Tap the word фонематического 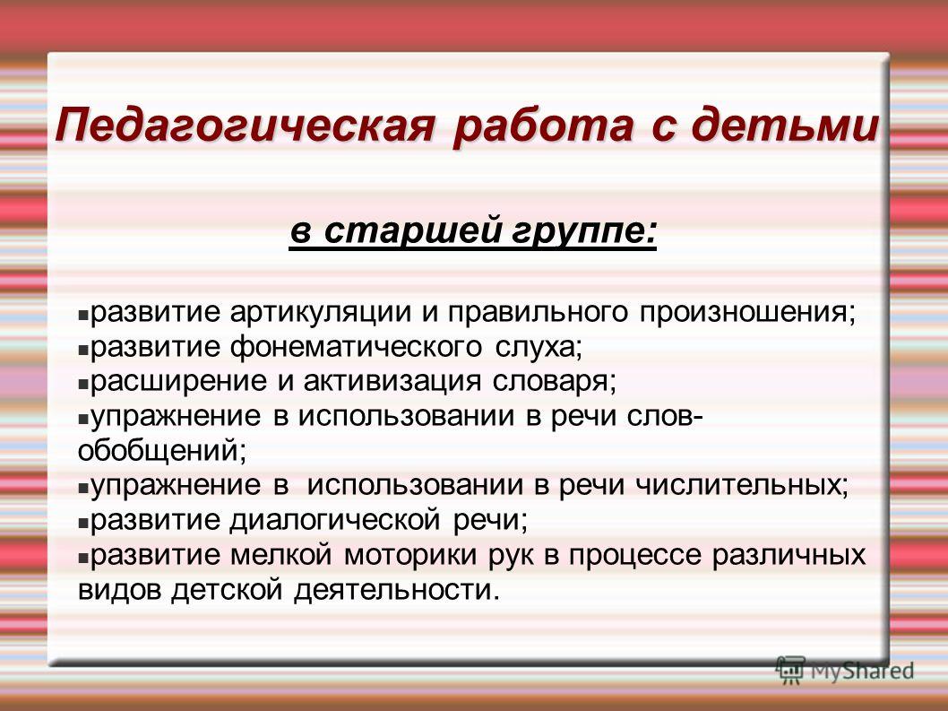click(x=356, y=348)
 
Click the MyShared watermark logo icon click(x=790, y=671)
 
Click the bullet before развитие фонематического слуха click(x=83, y=350)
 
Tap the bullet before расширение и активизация click(x=83, y=385)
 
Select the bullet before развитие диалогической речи click(x=83, y=524)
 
